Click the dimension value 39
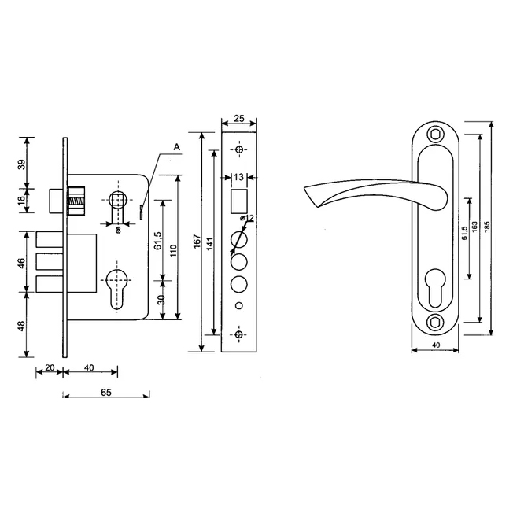(x=21, y=164)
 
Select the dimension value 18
(x=21, y=200)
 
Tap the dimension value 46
(x=21, y=264)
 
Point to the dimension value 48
(x=21, y=326)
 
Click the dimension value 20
(x=50, y=367)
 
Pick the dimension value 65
(x=106, y=392)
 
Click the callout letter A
(x=177, y=147)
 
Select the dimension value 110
(x=174, y=250)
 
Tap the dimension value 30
(x=161, y=300)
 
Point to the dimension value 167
(x=197, y=241)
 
